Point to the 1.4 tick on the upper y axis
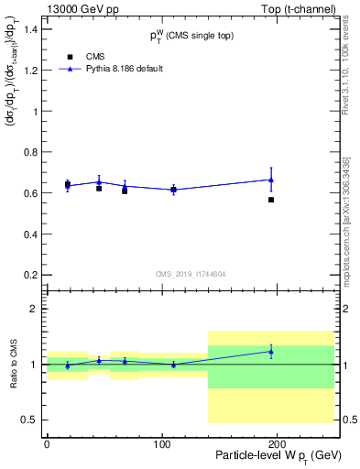[30, 30]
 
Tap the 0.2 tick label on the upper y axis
[30, 275]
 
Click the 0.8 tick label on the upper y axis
[30, 153]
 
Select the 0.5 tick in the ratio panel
[30, 420]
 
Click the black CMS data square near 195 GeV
[271, 200]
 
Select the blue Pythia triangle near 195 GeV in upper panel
[271, 180]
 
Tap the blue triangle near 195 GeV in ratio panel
[271, 352]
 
